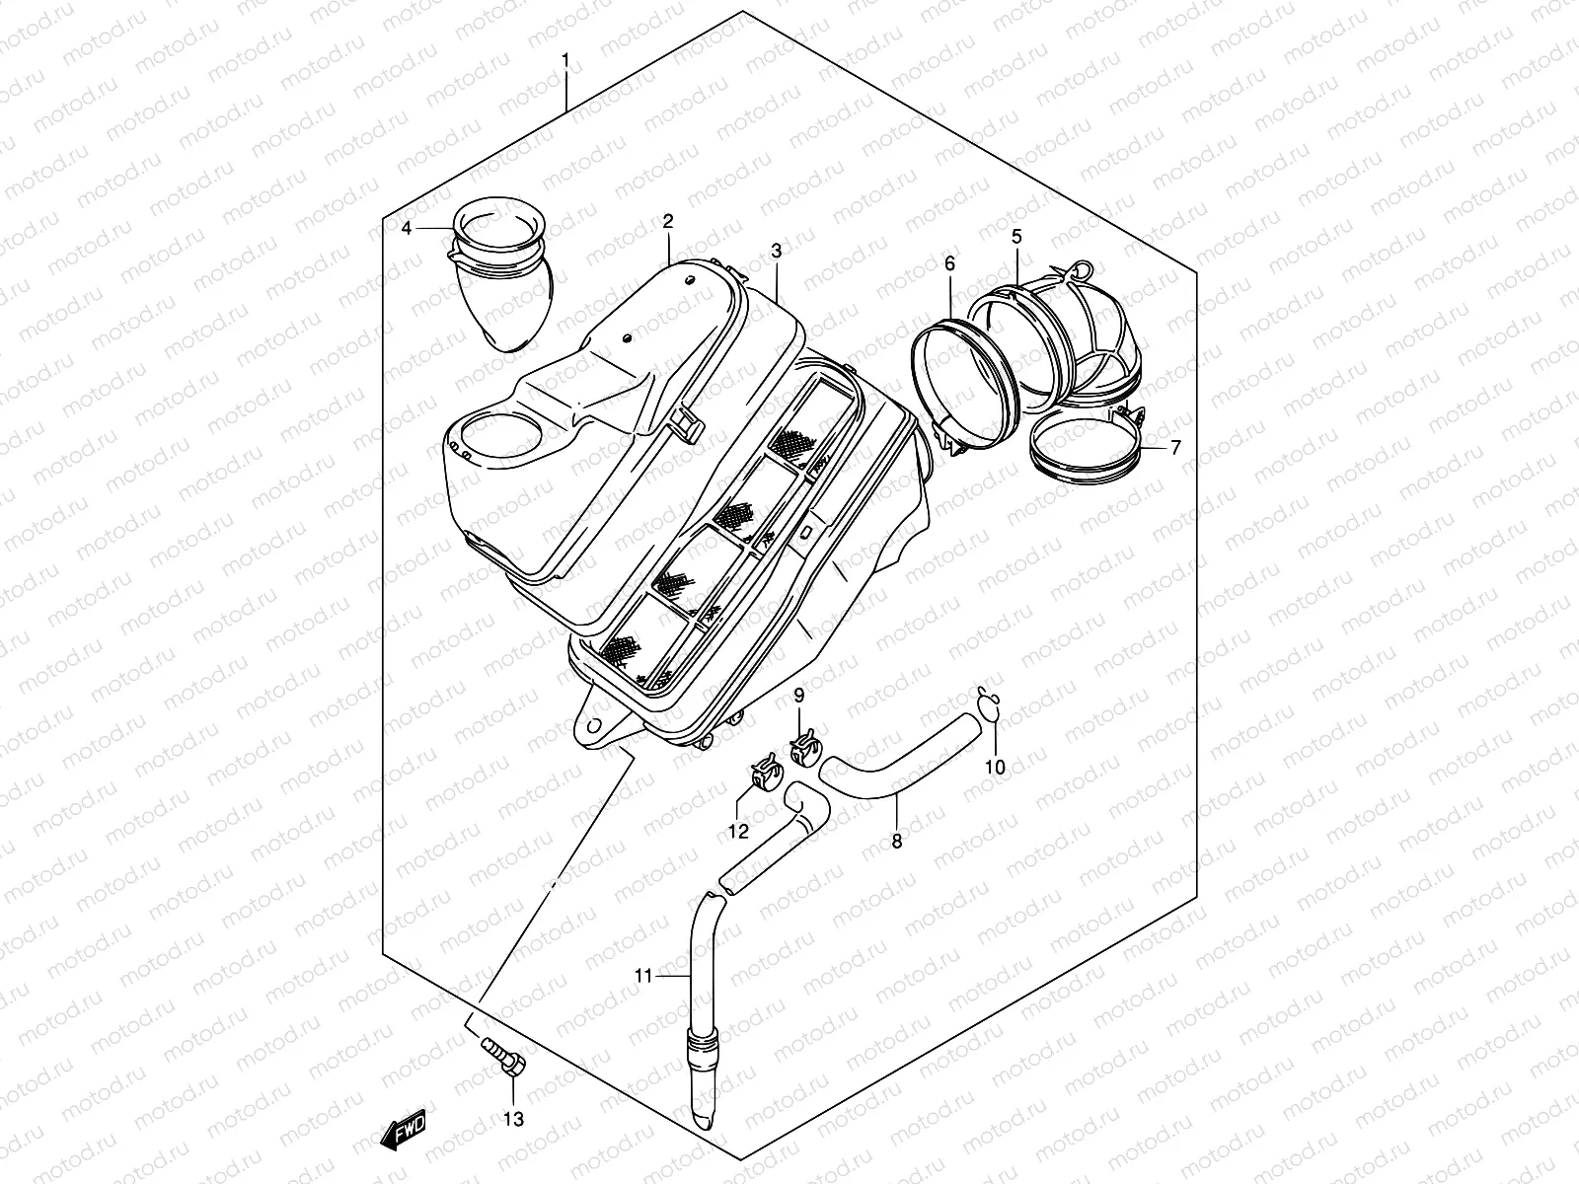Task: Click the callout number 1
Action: (x=565, y=61)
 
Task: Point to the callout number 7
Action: (x=1175, y=448)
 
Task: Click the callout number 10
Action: (x=995, y=767)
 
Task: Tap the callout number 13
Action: (x=514, y=1119)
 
